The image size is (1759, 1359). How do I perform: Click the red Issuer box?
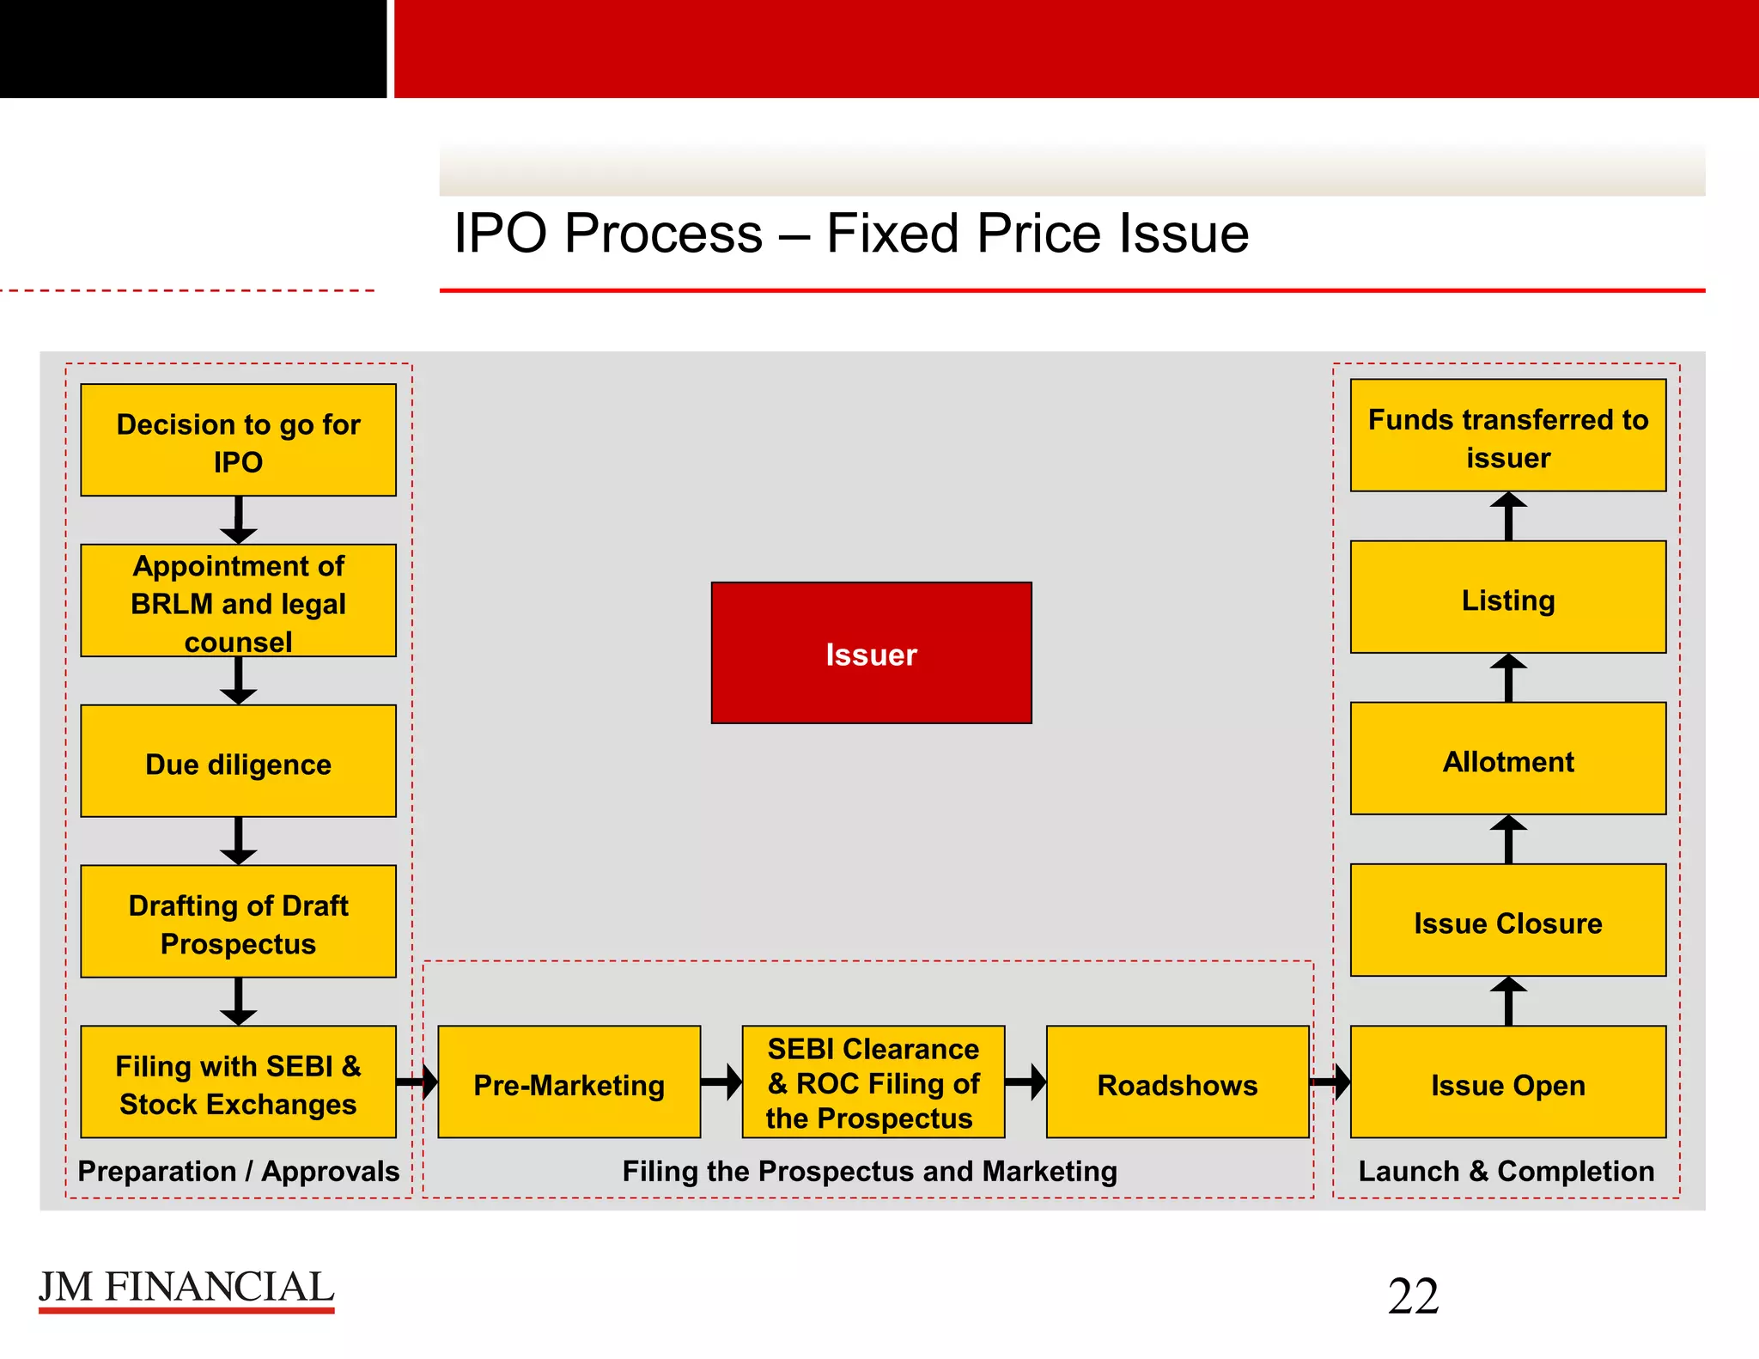(871, 653)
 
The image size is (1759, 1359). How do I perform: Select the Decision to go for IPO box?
(238, 440)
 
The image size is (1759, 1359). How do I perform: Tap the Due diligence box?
(238, 761)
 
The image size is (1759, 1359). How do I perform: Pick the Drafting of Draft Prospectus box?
(238, 922)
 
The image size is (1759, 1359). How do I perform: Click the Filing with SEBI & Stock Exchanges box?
(238, 1082)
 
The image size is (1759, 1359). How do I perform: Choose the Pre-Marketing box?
(569, 1082)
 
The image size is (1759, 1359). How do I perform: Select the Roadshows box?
(1177, 1082)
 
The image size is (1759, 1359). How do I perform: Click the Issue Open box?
(1507, 1082)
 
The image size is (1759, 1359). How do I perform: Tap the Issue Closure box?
(1507, 921)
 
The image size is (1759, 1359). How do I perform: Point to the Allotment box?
(1507, 759)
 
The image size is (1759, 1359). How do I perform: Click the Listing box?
(1507, 598)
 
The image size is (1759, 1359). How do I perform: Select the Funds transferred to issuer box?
(1507, 436)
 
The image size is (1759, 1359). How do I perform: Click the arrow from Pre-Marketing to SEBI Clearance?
(721, 1082)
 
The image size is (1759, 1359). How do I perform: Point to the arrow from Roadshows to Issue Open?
(1330, 1082)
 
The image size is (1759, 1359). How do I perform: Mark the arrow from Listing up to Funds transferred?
(1508, 515)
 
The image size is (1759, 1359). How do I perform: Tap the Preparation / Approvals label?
(238, 1171)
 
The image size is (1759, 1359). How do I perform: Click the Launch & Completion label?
(1506, 1171)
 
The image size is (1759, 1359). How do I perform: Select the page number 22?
(1413, 1295)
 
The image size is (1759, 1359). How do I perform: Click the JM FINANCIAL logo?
(186, 1289)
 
